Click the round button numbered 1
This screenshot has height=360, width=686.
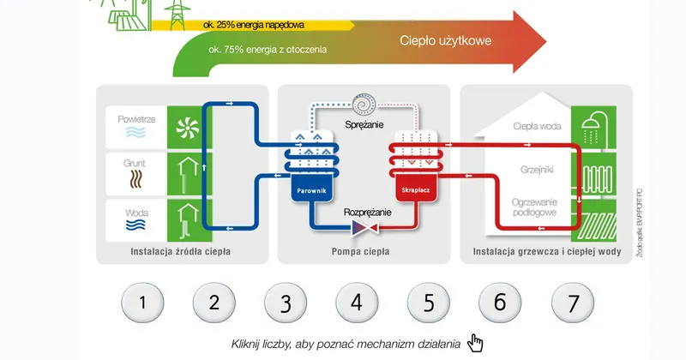click(x=141, y=302)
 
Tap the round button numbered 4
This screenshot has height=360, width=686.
click(x=357, y=302)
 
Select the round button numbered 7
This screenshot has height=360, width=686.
click(x=572, y=302)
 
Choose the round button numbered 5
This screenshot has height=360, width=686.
click(x=429, y=302)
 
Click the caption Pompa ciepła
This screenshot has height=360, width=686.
click(x=360, y=253)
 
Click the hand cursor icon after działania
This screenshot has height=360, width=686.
click(x=475, y=343)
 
